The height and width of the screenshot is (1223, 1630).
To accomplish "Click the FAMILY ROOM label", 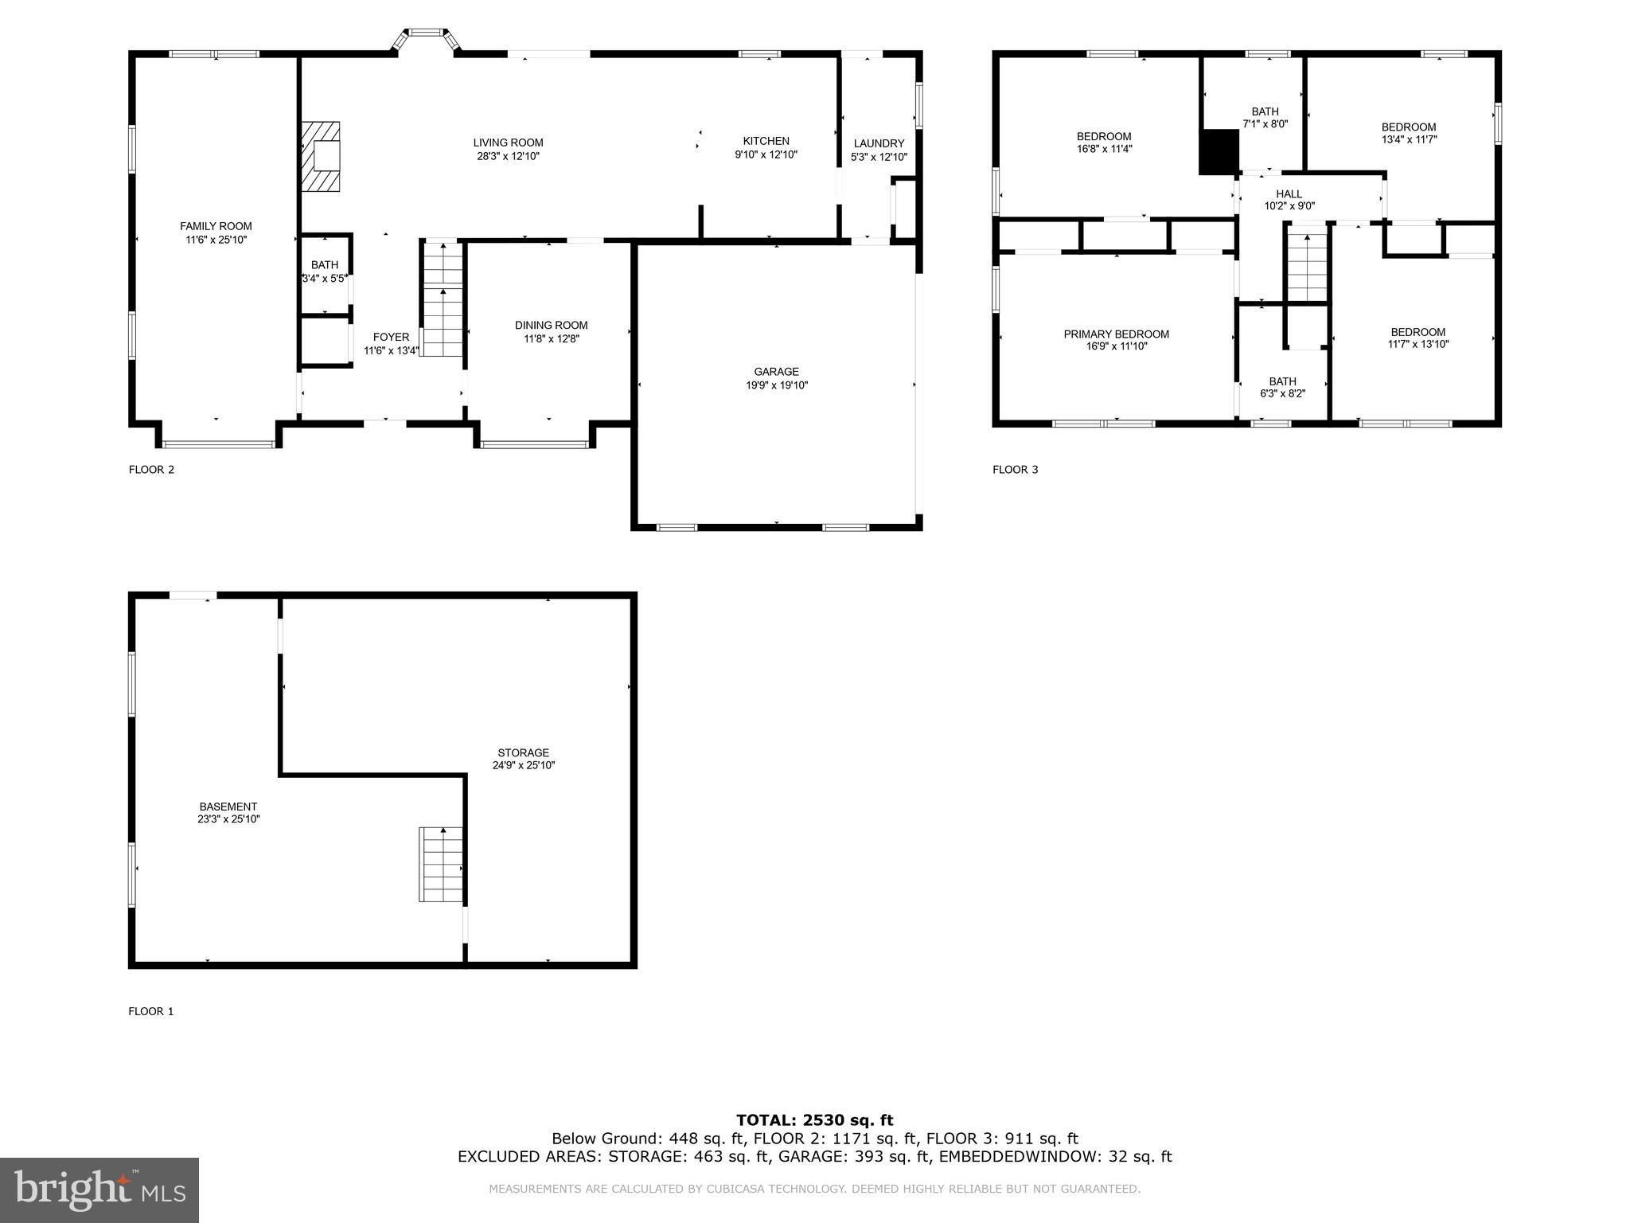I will coord(216,226).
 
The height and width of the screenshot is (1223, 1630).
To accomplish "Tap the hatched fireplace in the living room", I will coord(321,157).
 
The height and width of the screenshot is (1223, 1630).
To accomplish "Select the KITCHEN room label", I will coord(766,141).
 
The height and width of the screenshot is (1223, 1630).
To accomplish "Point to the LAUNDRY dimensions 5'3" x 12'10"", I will coord(879,157).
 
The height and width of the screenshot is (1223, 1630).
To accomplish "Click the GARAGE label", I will coord(776,372).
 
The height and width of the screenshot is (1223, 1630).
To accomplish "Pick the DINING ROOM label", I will coord(551,325).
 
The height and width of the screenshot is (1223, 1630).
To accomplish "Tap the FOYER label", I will coord(391,337).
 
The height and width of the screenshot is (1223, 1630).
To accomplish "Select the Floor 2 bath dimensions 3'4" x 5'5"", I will coord(325,279).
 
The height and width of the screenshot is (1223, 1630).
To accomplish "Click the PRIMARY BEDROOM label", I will coord(1116,334).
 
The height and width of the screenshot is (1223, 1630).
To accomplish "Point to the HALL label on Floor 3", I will coord(1289,193).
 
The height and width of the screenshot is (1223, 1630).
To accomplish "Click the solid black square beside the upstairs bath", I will coord(1219,151).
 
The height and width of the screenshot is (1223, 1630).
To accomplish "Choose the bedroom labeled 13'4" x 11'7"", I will coord(1408,133).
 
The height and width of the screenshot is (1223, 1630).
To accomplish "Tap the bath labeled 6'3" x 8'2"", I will coord(1282,387).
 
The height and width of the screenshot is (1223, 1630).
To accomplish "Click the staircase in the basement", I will coord(441,865).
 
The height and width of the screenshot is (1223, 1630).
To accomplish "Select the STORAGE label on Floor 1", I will coord(523,752).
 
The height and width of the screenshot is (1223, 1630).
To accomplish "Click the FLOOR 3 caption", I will coord(1015,470).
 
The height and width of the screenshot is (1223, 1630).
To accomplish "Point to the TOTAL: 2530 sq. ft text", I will coord(814,1120).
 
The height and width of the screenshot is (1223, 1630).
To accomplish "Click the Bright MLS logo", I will coord(99,1190).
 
